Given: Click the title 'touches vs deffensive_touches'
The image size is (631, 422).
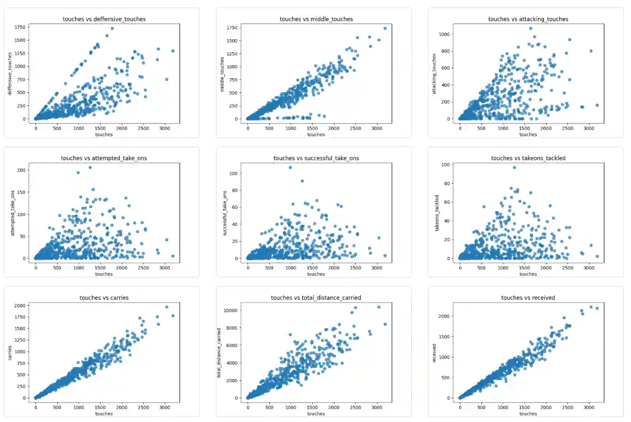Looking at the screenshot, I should click(x=104, y=19).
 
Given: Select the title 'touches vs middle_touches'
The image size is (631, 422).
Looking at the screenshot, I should click(x=316, y=19).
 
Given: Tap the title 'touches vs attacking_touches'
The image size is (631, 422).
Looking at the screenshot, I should click(x=528, y=19).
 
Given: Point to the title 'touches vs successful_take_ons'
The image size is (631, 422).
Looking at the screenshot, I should click(x=316, y=158).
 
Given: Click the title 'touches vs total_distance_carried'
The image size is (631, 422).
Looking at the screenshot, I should click(x=316, y=298).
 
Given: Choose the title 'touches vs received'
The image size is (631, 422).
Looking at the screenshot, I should click(x=528, y=298).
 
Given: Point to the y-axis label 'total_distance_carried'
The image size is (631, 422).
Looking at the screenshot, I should click(x=220, y=351).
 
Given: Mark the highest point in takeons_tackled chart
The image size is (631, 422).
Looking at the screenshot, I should click(x=515, y=167).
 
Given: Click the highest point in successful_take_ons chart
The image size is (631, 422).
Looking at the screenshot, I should click(x=290, y=167).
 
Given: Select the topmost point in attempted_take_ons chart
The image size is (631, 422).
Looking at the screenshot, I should click(x=90, y=167).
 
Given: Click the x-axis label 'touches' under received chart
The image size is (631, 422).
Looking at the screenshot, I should click(x=528, y=413).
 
